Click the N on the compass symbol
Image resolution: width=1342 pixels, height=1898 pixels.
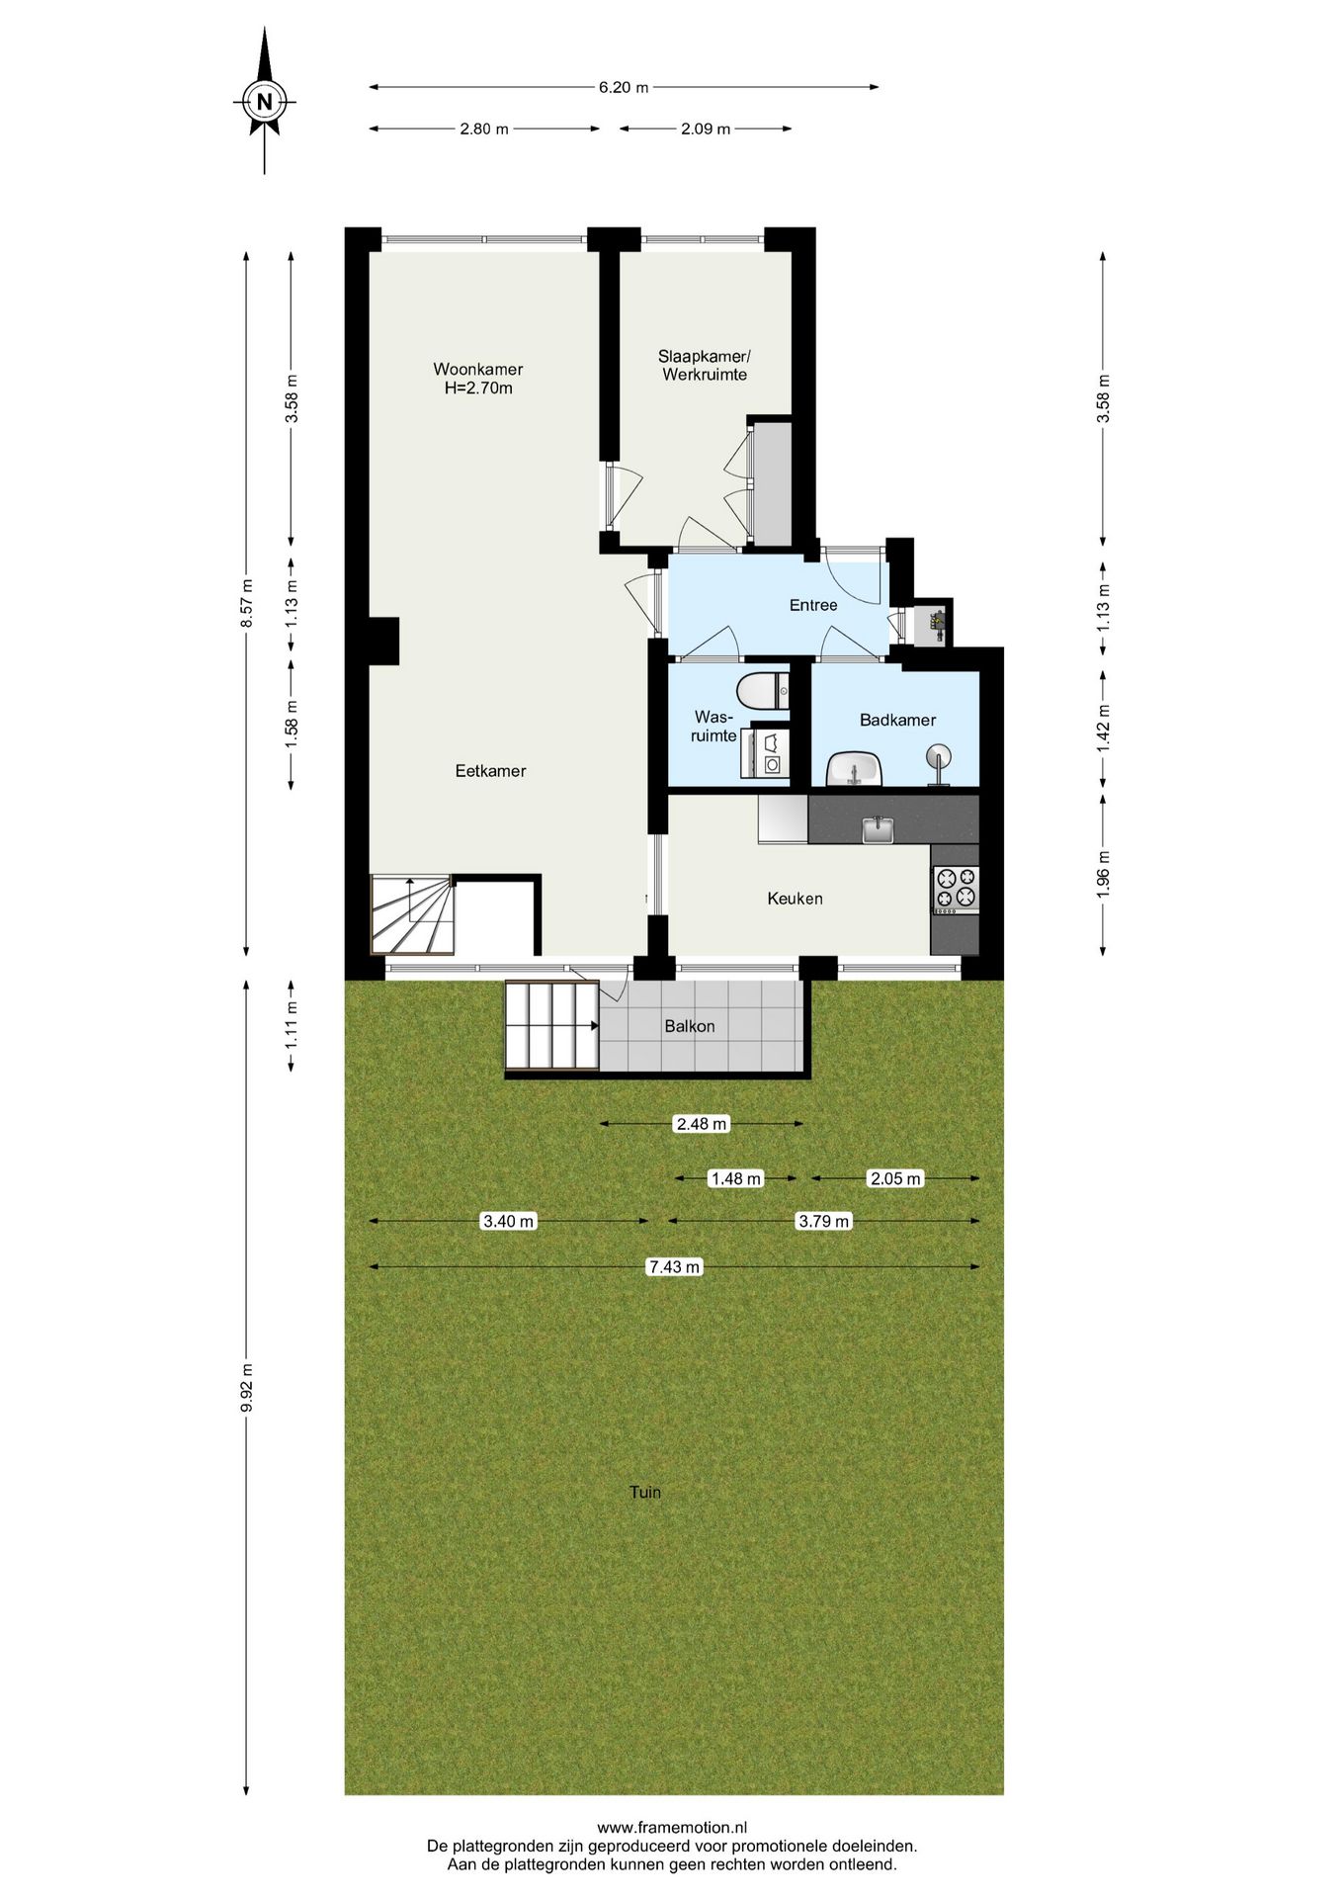click(x=264, y=101)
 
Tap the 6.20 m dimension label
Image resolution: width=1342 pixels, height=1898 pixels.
click(x=624, y=87)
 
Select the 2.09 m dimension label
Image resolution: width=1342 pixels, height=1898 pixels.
click(x=706, y=129)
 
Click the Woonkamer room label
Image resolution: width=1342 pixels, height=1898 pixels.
click(x=478, y=369)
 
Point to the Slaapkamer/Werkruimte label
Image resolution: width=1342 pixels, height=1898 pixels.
click(x=705, y=365)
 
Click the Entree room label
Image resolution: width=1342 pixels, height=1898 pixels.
click(x=813, y=605)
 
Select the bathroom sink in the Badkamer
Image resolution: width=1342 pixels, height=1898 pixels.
click(x=853, y=769)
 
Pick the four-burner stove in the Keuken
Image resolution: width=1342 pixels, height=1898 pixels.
click(x=956, y=888)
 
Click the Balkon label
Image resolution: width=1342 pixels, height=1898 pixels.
click(x=690, y=1026)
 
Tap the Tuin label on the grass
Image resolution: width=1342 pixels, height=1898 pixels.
click(x=645, y=1492)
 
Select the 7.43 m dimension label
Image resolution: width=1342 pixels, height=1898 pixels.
click(x=674, y=1266)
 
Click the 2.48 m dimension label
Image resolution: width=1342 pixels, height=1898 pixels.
click(x=702, y=1123)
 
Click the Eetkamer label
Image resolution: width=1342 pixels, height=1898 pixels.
click(x=490, y=771)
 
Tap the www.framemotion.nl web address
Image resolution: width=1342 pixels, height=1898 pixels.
click(x=672, y=1828)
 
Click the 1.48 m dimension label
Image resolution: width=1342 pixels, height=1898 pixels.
click(x=736, y=1178)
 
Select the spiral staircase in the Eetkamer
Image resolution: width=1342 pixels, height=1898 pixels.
click(x=412, y=914)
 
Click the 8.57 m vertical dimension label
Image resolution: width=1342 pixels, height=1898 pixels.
click(x=247, y=603)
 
